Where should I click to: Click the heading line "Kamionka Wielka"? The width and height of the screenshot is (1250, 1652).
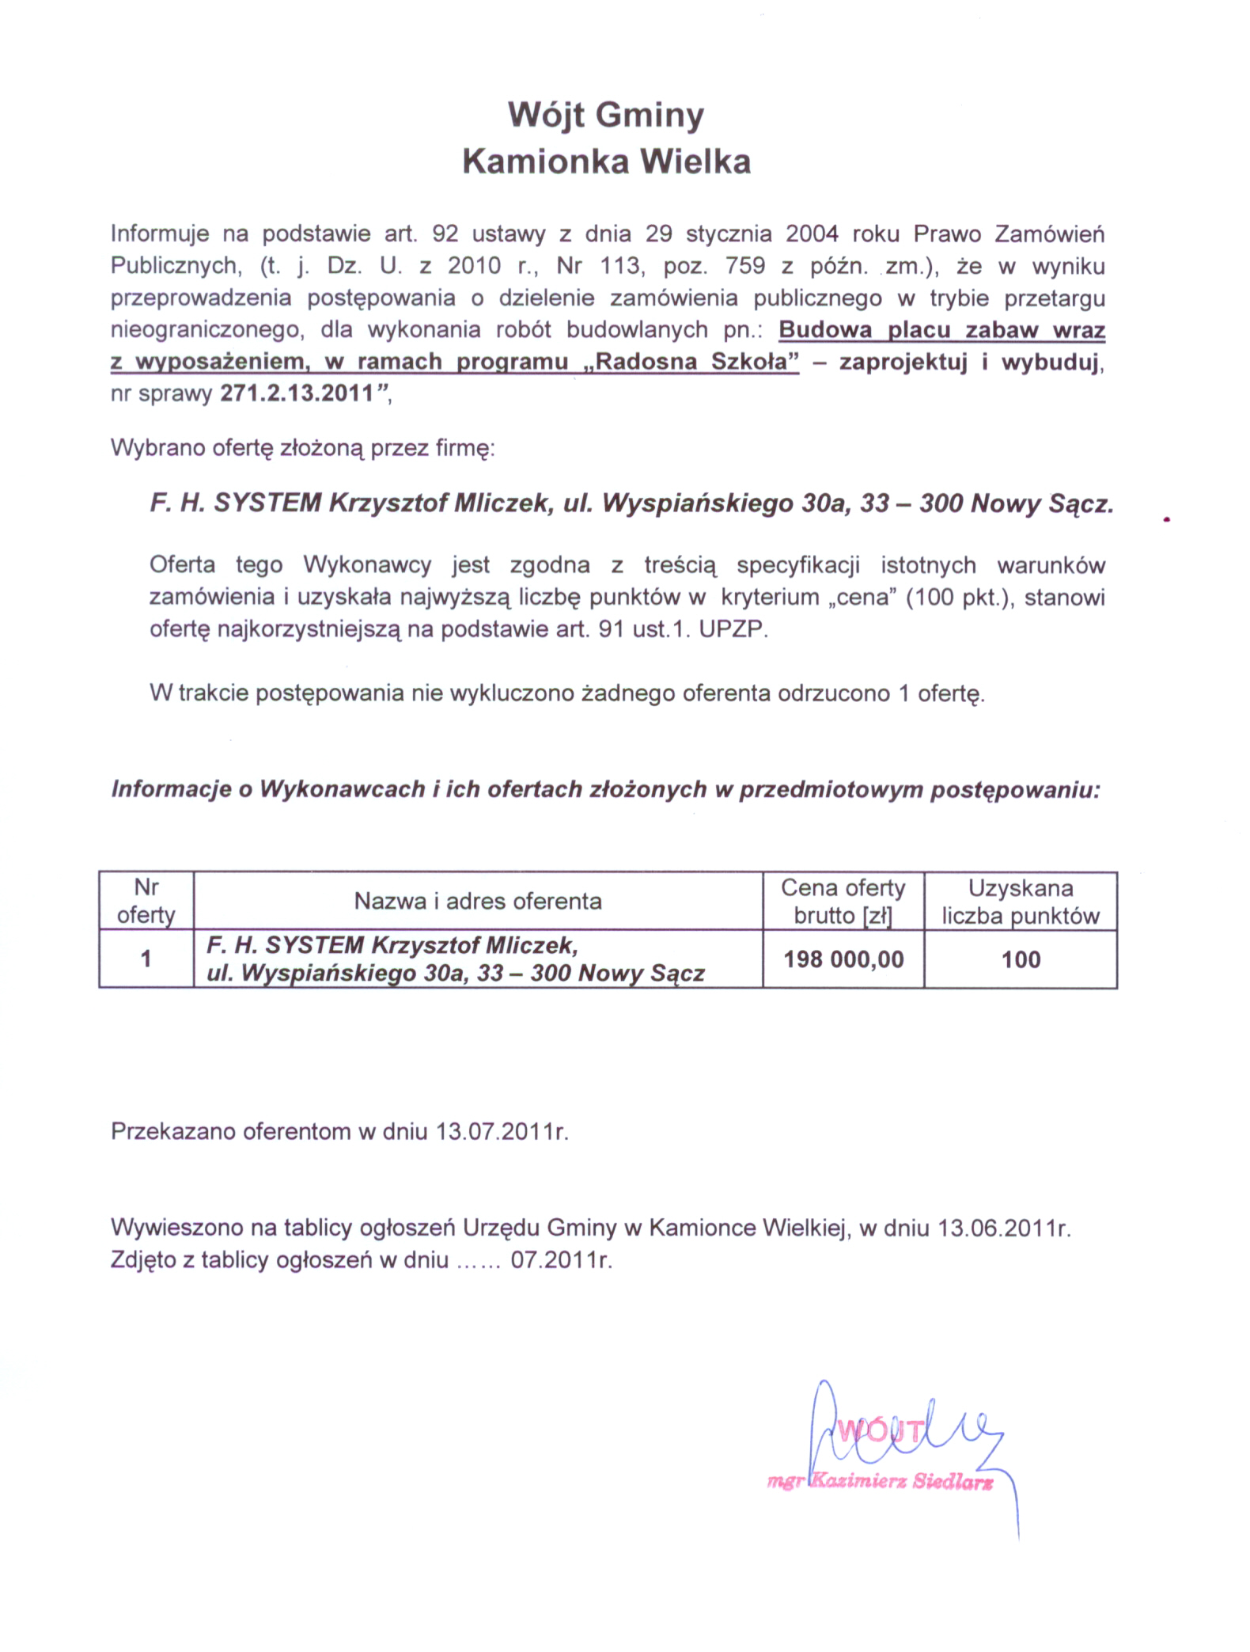(606, 161)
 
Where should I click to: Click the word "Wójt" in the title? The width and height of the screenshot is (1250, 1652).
(545, 116)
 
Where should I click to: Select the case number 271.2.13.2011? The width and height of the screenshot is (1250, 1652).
(297, 393)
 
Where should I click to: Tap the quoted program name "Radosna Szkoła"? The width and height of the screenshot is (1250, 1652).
(695, 362)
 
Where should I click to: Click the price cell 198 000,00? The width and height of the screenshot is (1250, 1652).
(843, 959)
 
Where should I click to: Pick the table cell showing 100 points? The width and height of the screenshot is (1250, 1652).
(1021, 959)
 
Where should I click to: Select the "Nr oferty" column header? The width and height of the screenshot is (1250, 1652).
(146, 901)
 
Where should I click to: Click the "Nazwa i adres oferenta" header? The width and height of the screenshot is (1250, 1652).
(478, 901)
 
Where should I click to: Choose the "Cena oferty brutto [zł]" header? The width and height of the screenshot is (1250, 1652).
(843, 901)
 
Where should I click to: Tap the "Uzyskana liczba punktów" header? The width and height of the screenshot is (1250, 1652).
(1021, 901)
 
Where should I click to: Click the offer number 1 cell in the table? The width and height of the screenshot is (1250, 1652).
(146, 959)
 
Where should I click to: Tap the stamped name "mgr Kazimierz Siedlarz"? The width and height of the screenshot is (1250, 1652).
(880, 1482)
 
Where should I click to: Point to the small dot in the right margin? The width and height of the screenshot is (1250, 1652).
(1167, 520)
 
